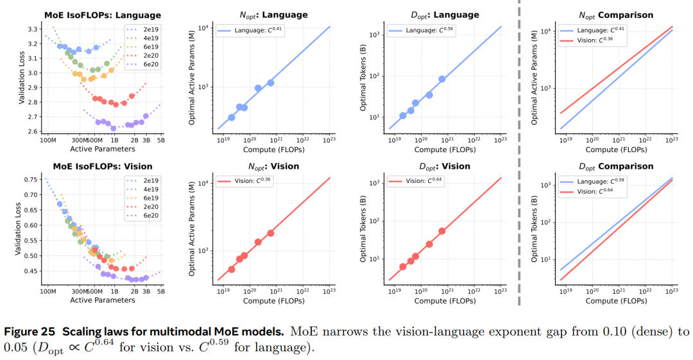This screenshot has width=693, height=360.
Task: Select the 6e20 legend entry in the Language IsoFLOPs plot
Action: pos(147,65)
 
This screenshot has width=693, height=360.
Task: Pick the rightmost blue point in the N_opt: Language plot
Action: pos(270,83)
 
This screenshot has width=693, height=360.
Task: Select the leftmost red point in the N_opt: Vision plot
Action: pos(232,270)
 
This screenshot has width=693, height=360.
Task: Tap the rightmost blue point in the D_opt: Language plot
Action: pos(442,79)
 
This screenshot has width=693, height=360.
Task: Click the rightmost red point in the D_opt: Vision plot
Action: pos(442,231)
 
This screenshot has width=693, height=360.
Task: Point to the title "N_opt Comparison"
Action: pos(606,15)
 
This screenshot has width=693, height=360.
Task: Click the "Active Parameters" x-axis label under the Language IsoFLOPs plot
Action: pos(103,148)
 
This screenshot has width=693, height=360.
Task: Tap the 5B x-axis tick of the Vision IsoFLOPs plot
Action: pos(161,291)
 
